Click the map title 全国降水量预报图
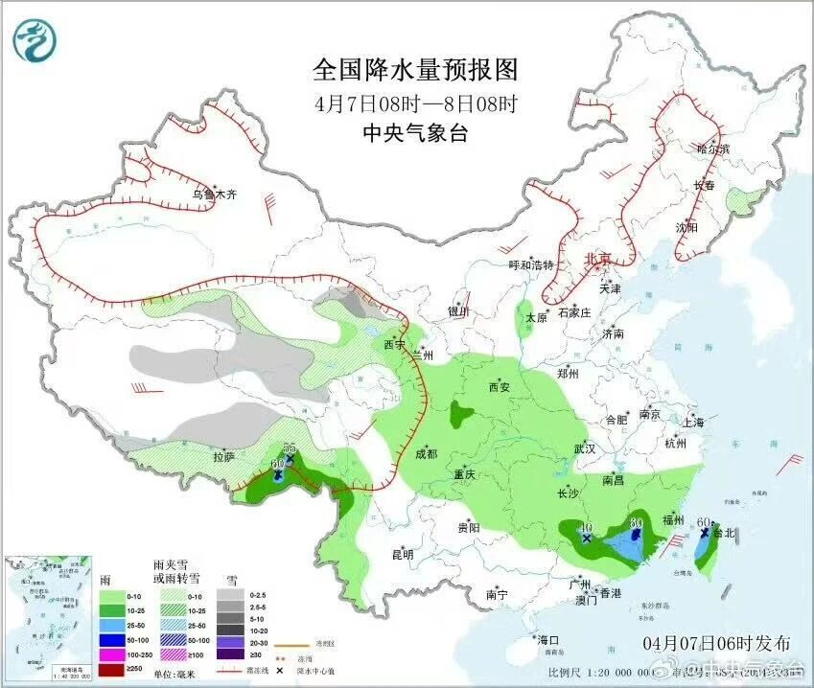click(x=415, y=70)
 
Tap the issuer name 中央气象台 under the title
click(x=415, y=133)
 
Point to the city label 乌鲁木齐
click(x=213, y=195)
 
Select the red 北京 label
click(x=597, y=259)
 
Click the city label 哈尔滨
click(x=713, y=149)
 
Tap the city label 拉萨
click(x=223, y=458)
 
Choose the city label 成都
click(x=428, y=454)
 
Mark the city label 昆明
click(x=402, y=554)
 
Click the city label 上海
click(x=693, y=423)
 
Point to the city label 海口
click(x=547, y=639)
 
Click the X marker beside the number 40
click(x=586, y=539)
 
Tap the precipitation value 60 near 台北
click(x=703, y=521)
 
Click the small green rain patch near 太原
click(x=525, y=324)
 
